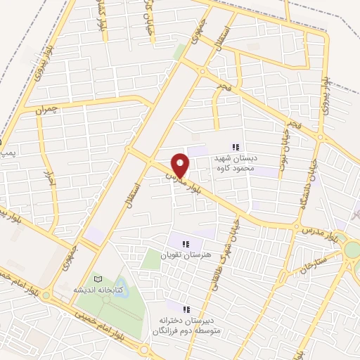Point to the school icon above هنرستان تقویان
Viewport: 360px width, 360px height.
tap(186, 243)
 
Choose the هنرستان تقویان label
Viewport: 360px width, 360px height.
tap(186, 255)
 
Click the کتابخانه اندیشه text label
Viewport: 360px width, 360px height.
tap(98, 290)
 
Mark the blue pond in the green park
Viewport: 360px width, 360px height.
tap(114, 300)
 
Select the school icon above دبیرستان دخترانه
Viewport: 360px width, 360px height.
tap(186, 309)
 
